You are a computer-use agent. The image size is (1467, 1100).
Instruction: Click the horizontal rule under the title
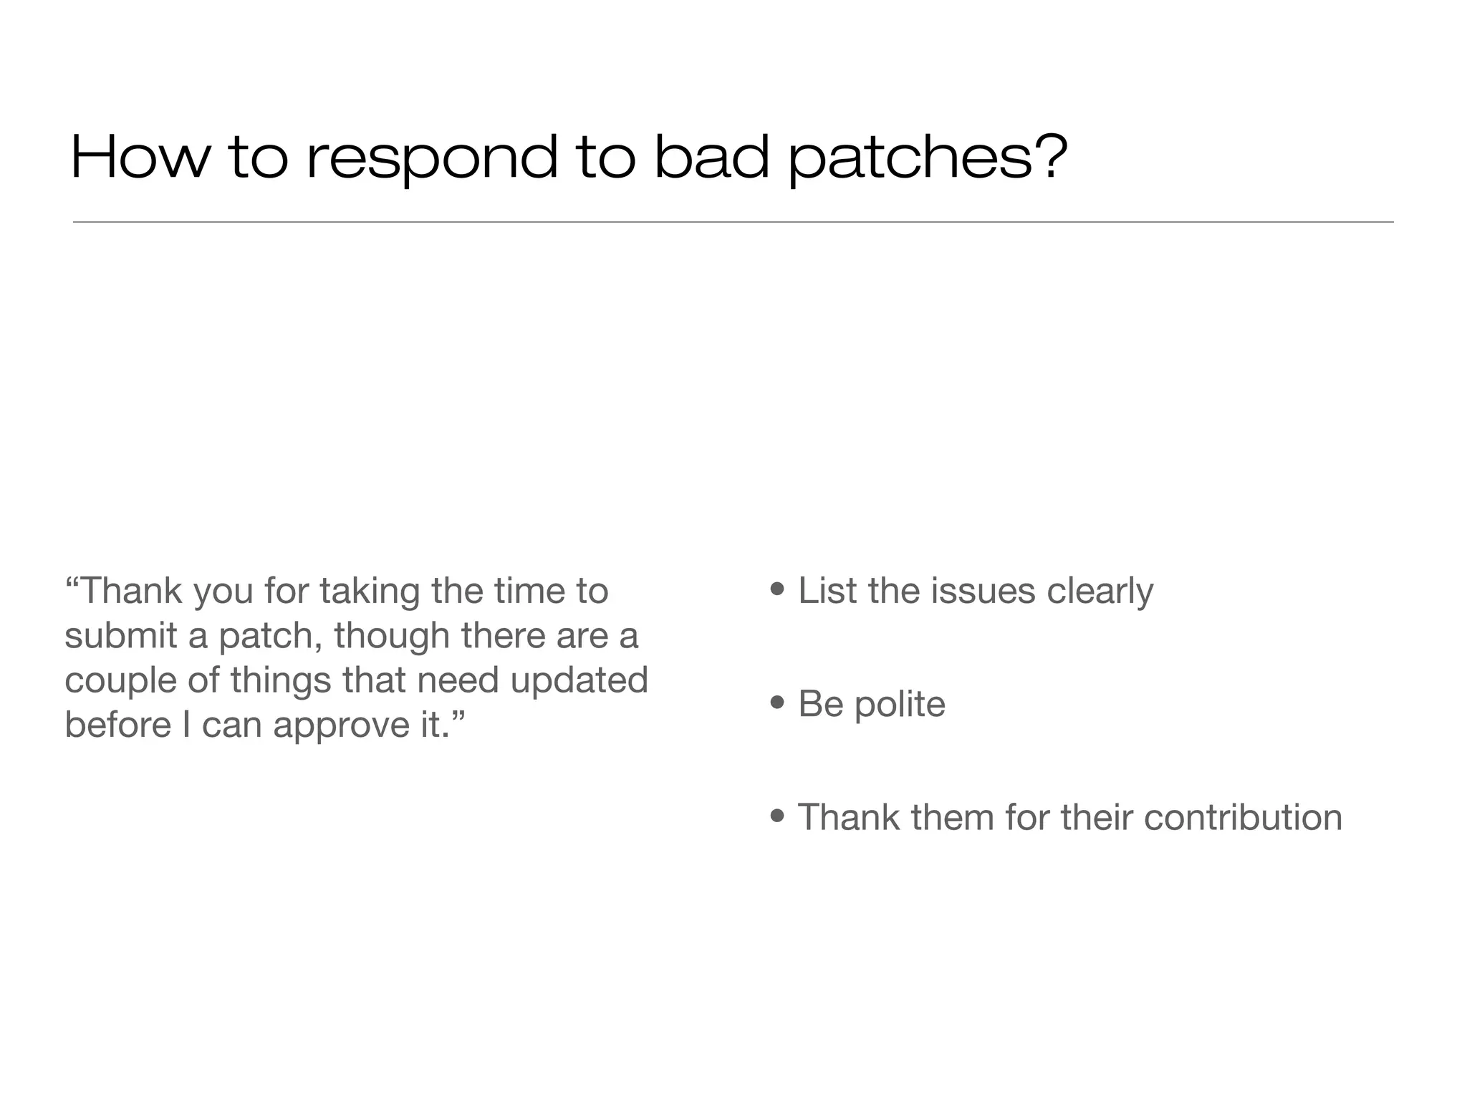pos(733,222)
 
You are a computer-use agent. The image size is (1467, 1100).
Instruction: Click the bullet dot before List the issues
pos(777,590)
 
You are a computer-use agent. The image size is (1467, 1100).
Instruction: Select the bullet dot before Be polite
pos(777,703)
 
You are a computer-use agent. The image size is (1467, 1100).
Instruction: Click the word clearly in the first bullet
pos(1100,592)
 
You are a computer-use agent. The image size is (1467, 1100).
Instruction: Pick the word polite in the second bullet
pos(900,704)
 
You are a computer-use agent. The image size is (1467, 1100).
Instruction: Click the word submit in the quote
pos(120,635)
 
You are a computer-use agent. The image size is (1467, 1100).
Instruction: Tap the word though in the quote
pos(391,637)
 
